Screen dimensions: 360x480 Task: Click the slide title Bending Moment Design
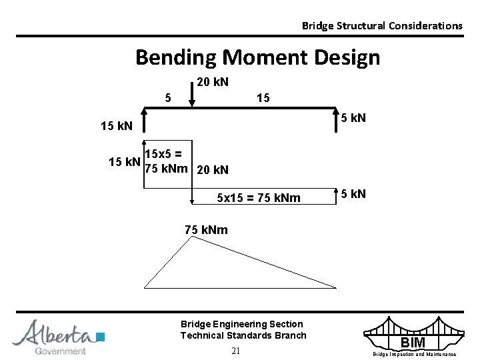[x=257, y=57]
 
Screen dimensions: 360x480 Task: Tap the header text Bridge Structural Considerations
[x=381, y=25]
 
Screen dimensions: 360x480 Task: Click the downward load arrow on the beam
[x=192, y=95]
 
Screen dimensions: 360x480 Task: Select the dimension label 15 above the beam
[x=263, y=98]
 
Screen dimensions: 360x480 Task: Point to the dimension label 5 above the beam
[x=168, y=98]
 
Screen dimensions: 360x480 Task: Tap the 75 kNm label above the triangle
[x=206, y=230]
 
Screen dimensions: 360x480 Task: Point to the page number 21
[x=236, y=351]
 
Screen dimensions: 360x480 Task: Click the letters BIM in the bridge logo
[x=414, y=343]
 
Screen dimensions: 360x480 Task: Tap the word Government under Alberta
[x=60, y=351]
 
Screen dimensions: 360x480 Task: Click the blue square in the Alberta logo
[x=101, y=336]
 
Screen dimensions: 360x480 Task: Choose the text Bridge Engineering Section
[x=241, y=324]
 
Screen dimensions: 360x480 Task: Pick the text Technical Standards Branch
[x=243, y=335]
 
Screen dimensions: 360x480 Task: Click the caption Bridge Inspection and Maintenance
[x=414, y=355]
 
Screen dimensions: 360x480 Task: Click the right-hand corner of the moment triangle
[x=335, y=287]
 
